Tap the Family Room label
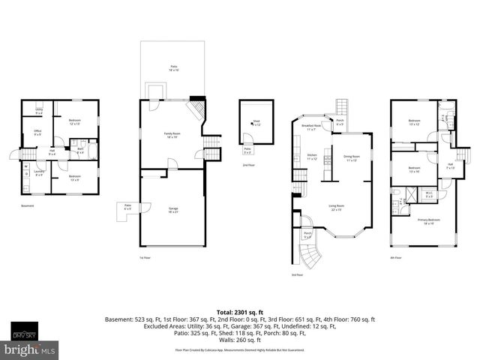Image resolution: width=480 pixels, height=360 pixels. point(172,135)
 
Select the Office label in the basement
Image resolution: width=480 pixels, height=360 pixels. point(37,133)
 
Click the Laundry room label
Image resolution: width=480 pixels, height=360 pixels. point(38,173)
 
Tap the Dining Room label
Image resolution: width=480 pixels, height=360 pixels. point(349,158)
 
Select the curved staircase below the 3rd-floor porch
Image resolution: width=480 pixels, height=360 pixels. point(310,257)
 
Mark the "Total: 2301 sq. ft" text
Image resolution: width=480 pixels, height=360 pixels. point(239,310)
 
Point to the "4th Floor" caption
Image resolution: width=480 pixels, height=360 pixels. point(397,257)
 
